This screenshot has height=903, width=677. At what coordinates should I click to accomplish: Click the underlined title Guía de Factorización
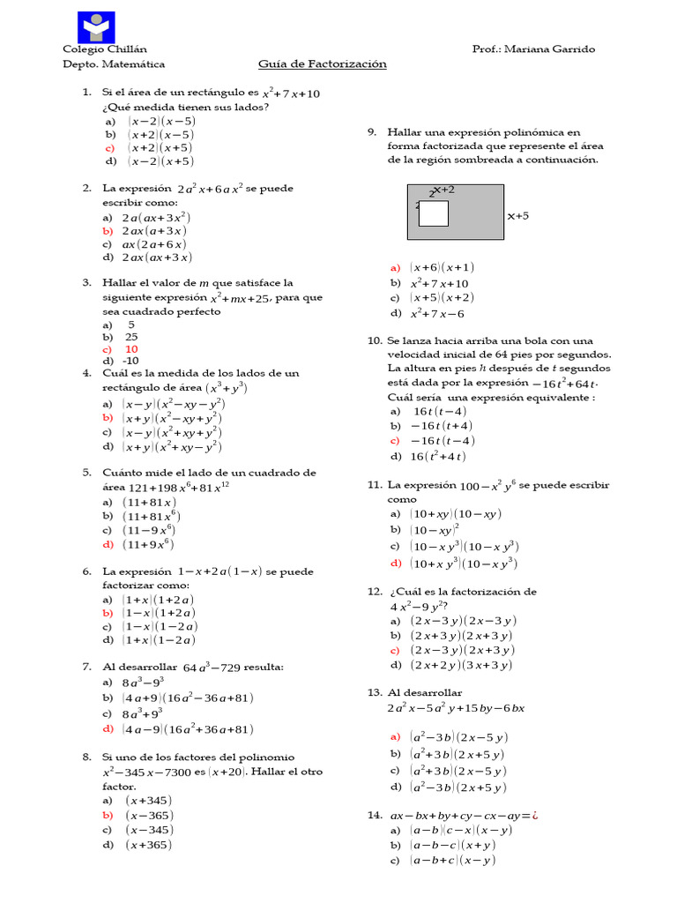click(322, 64)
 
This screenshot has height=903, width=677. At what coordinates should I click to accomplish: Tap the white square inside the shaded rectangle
click(433, 213)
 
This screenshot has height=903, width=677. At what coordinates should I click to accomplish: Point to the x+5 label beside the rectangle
click(517, 214)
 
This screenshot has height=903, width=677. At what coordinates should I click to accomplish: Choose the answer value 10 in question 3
click(131, 348)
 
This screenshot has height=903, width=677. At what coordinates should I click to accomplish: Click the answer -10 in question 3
click(131, 361)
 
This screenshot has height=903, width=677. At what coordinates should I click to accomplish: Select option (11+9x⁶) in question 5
click(150, 544)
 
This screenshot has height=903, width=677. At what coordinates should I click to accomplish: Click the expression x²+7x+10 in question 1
click(292, 93)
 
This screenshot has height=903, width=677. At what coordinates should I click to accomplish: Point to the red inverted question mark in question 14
click(534, 816)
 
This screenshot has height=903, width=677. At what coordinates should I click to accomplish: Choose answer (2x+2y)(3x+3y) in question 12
click(463, 665)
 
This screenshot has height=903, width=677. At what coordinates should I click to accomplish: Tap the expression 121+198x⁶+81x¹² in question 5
click(167, 487)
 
